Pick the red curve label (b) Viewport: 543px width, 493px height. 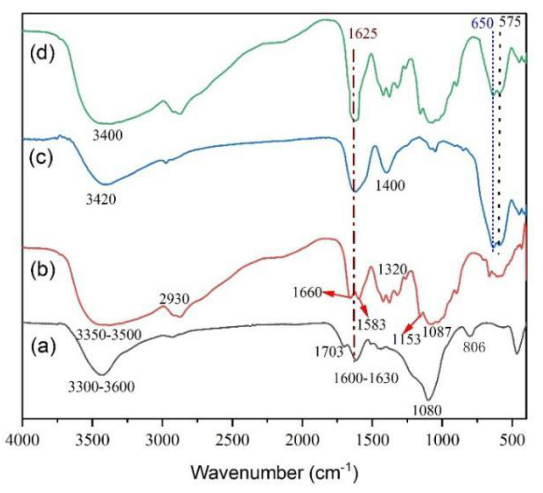coord(42,270)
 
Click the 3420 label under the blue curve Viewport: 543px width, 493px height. coord(101,200)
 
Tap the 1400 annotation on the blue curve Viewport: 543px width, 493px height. coord(390,185)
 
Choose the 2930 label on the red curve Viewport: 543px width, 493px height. coord(174,300)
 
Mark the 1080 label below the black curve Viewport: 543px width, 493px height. coord(427,410)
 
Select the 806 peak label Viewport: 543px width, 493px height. coord(474,347)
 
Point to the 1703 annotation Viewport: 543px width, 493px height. coord(329,352)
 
